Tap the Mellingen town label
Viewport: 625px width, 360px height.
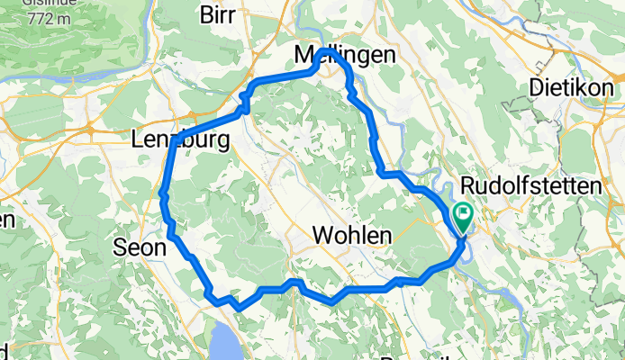(x=345, y=56)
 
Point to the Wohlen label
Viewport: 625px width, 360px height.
(x=352, y=236)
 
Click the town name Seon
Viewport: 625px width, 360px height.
(x=140, y=247)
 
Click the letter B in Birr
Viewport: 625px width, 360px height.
(x=205, y=14)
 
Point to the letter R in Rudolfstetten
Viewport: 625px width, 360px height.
(x=466, y=186)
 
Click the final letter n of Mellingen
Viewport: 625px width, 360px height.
(x=389, y=56)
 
